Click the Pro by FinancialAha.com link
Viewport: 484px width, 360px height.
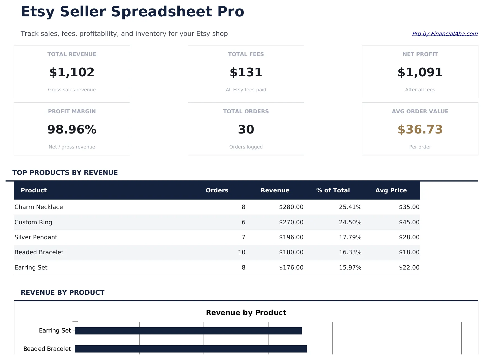click(x=445, y=34)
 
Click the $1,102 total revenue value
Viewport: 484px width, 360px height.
click(x=72, y=72)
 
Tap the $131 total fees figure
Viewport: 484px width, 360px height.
click(x=246, y=72)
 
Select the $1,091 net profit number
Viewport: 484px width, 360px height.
click(x=420, y=72)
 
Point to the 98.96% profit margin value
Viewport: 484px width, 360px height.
click(x=72, y=130)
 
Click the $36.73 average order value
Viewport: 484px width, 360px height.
click(x=420, y=130)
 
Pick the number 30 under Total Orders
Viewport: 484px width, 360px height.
click(x=246, y=130)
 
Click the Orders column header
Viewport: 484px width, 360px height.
click(x=217, y=190)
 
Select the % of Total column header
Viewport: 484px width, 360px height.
click(x=333, y=190)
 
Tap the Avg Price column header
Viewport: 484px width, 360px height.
click(x=391, y=190)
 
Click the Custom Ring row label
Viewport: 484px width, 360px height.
click(x=33, y=222)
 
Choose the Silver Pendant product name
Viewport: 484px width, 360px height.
click(x=36, y=237)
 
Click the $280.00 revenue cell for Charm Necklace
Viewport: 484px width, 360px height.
click(x=291, y=207)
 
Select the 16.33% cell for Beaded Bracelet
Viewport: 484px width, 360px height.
click(x=350, y=252)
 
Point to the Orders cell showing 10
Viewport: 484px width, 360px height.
click(x=242, y=252)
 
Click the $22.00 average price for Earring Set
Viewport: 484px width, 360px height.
click(x=409, y=268)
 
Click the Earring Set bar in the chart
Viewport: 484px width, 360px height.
click(x=188, y=331)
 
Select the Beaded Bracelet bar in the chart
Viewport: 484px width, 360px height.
click(x=191, y=349)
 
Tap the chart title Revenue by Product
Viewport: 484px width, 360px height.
click(x=246, y=313)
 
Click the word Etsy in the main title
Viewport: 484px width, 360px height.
click(x=37, y=12)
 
